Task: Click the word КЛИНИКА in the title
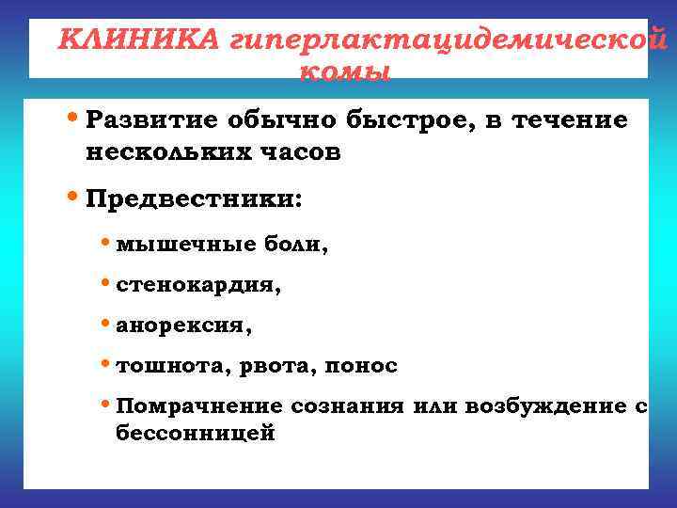(139, 40)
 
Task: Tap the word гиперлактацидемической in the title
(441, 41)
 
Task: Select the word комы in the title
(343, 71)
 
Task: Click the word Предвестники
(194, 199)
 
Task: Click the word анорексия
(184, 325)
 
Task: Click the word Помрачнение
(199, 406)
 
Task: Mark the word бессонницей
(195, 435)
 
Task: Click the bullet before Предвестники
(75, 198)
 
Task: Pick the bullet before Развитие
(75, 119)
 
